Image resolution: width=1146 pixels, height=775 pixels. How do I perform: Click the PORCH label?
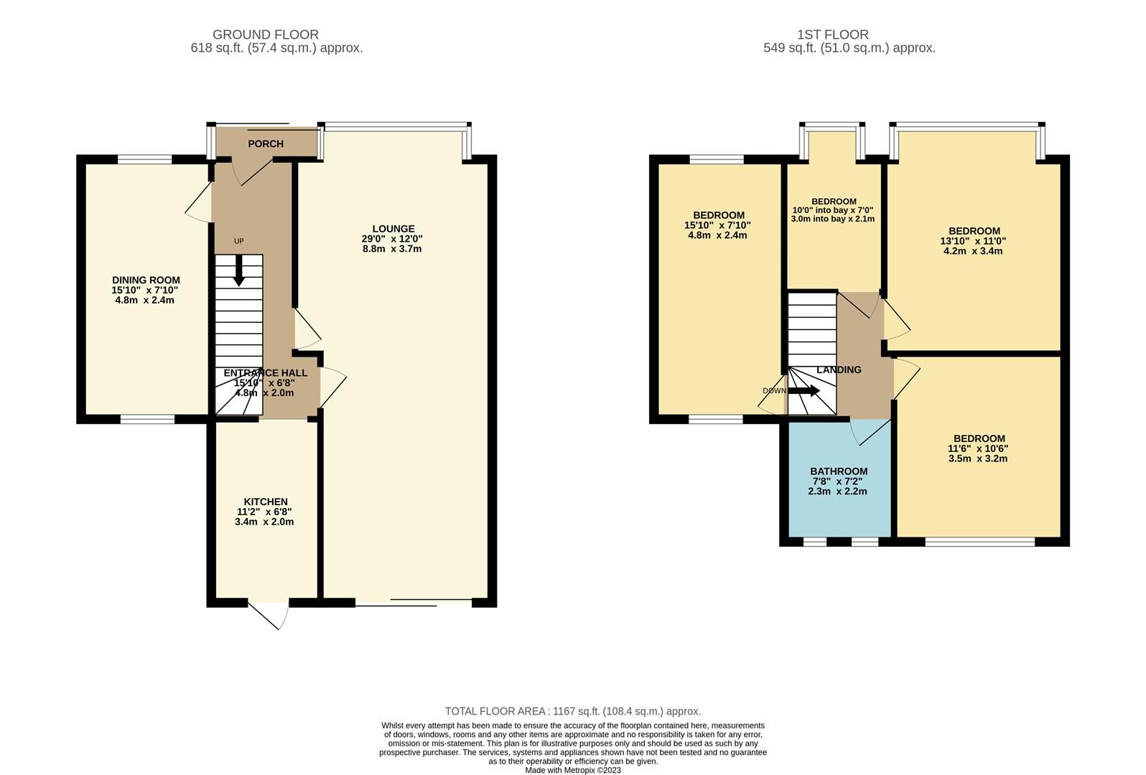pyautogui.click(x=266, y=144)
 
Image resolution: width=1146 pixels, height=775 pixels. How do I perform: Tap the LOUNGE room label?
pyautogui.click(x=392, y=229)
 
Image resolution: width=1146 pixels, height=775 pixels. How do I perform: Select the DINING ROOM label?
pyautogui.click(x=146, y=280)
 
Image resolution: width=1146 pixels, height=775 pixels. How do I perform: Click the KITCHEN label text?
pyautogui.click(x=265, y=502)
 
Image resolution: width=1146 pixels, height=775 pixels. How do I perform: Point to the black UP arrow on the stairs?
pyautogui.click(x=238, y=273)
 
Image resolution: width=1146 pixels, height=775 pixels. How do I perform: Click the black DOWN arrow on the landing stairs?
pyautogui.click(x=805, y=391)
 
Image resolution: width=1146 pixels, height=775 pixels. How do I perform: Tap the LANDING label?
pyautogui.click(x=839, y=370)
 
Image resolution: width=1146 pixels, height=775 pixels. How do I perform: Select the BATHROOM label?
pyautogui.click(x=839, y=471)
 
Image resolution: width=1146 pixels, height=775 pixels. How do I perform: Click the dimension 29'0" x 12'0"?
pyautogui.click(x=392, y=239)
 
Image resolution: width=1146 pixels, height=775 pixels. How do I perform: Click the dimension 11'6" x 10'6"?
pyautogui.click(x=978, y=448)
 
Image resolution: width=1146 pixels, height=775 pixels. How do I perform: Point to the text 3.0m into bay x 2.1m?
pyautogui.click(x=833, y=219)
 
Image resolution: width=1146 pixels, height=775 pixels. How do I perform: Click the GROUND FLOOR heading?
pyautogui.click(x=265, y=34)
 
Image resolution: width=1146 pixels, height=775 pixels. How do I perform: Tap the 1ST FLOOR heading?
pyautogui.click(x=832, y=34)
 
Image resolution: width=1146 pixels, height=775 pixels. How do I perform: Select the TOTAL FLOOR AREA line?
pyautogui.click(x=572, y=711)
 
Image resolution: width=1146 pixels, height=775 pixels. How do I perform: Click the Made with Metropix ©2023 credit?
pyautogui.click(x=572, y=770)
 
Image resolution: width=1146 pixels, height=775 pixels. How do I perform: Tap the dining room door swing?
pyautogui.click(x=199, y=205)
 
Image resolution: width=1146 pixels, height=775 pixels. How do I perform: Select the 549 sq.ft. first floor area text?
pyautogui.click(x=849, y=48)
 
